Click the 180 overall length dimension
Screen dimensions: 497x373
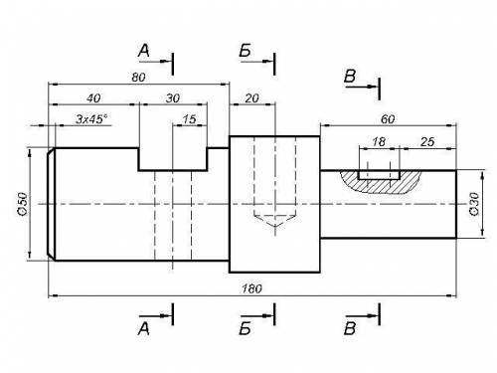(251, 288)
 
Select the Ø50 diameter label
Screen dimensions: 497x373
(23, 204)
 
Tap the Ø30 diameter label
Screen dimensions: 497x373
(474, 204)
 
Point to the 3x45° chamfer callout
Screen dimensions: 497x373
(91, 119)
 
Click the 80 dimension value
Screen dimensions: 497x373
(138, 78)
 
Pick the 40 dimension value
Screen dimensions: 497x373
(93, 98)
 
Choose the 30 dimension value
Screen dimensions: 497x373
(173, 98)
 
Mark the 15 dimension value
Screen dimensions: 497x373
(189, 119)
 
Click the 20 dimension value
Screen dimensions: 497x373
(251, 98)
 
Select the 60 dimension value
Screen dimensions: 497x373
(388, 119)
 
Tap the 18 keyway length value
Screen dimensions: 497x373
(379, 142)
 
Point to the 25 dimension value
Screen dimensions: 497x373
(427, 142)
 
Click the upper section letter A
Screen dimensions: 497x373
(144, 51)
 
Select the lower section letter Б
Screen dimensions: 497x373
(245, 329)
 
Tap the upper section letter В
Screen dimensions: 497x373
(350, 76)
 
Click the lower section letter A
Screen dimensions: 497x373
(144, 329)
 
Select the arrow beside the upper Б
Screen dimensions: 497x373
(257, 62)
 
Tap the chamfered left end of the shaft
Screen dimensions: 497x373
(52, 204)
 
